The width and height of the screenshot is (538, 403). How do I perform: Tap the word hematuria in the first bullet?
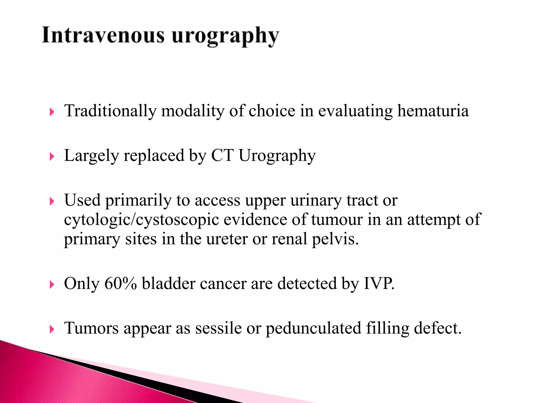click(x=433, y=111)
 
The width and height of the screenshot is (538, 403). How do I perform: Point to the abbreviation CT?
click(x=222, y=155)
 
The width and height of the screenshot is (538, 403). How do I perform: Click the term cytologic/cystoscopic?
click(x=141, y=220)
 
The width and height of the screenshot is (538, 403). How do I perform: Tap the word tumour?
click(x=337, y=219)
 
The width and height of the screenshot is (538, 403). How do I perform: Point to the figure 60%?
click(x=121, y=284)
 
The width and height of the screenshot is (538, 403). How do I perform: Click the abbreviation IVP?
click(x=379, y=283)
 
